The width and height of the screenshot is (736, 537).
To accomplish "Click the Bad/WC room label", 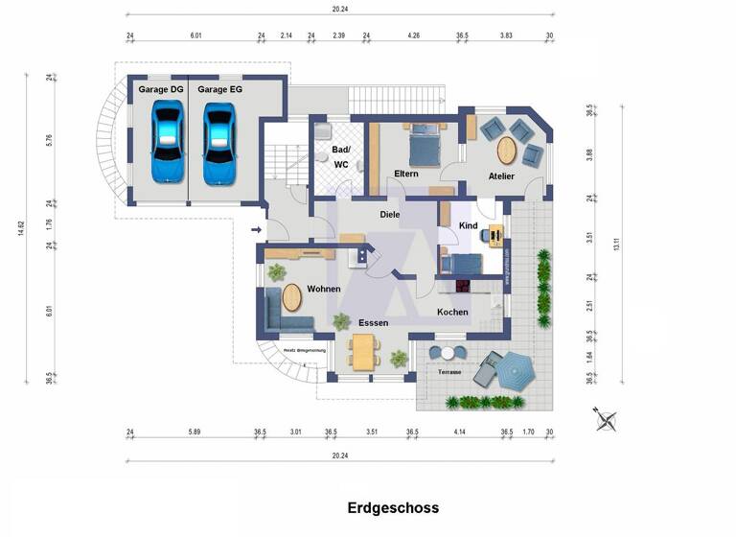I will click(341, 157).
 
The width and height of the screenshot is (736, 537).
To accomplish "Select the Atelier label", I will click(500, 176).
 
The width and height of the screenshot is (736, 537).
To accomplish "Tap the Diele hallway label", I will click(389, 215).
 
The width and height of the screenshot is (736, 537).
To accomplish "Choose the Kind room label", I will click(468, 224).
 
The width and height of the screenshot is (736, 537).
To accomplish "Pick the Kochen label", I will click(452, 313).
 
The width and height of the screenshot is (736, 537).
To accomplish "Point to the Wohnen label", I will click(324, 289).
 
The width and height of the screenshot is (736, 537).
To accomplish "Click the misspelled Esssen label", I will click(374, 323).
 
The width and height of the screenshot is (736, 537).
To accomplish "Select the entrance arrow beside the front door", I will click(255, 230).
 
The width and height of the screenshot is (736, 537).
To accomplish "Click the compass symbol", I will click(606, 419).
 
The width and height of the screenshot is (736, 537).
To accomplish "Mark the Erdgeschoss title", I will click(392, 508).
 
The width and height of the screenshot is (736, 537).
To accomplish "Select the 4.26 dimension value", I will click(413, 35).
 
